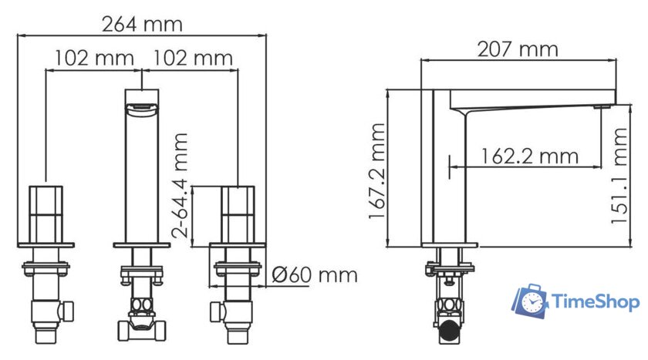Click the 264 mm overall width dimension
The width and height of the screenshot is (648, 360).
point(142,24)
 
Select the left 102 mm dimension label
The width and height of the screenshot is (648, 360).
point(94,58)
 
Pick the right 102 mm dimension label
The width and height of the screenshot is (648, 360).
point(193,58)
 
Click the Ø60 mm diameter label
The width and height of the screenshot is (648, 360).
point(316,275)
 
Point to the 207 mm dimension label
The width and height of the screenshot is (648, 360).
point(518,49)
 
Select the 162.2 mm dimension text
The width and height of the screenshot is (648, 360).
point(528,156)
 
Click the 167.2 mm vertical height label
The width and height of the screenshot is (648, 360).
point(376,170)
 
